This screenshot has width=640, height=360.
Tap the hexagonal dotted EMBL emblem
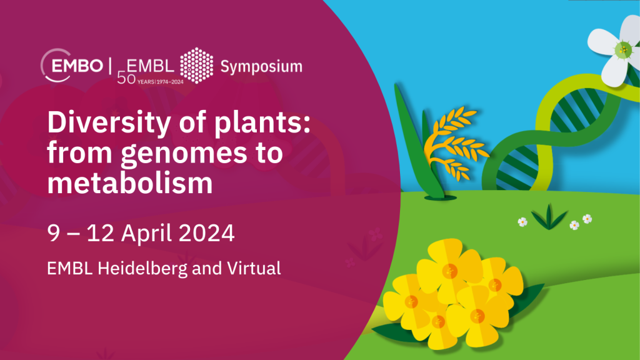197,65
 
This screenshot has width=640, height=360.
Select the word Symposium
261,67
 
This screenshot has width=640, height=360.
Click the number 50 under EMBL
126,78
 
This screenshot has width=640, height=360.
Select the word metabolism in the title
130,183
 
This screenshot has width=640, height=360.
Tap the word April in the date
146,234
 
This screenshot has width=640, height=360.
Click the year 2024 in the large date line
206,234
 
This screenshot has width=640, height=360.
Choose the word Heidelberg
142,269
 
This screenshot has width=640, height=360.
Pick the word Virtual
254,268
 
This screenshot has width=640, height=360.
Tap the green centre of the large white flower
623,50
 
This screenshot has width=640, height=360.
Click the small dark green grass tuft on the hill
549,217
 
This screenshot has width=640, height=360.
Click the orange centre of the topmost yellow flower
450,271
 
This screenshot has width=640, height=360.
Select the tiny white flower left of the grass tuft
522,222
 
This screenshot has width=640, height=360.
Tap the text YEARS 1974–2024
161,82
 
